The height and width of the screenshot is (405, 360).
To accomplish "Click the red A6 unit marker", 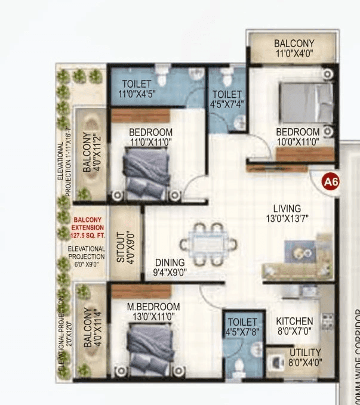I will click(330, 181).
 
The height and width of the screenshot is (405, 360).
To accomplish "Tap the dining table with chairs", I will click(208, 244).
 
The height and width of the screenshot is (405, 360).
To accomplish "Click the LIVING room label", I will click(287, 214).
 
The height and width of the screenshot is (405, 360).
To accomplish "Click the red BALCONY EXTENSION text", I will click(87, 227).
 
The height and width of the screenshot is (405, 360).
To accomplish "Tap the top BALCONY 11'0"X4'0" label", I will click(294, 48).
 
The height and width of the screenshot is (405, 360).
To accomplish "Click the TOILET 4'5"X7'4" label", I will click(227, 99).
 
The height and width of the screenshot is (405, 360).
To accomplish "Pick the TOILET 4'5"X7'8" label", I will click(242, 327).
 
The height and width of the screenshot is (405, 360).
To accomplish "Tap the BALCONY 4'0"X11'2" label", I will click(91, 153).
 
